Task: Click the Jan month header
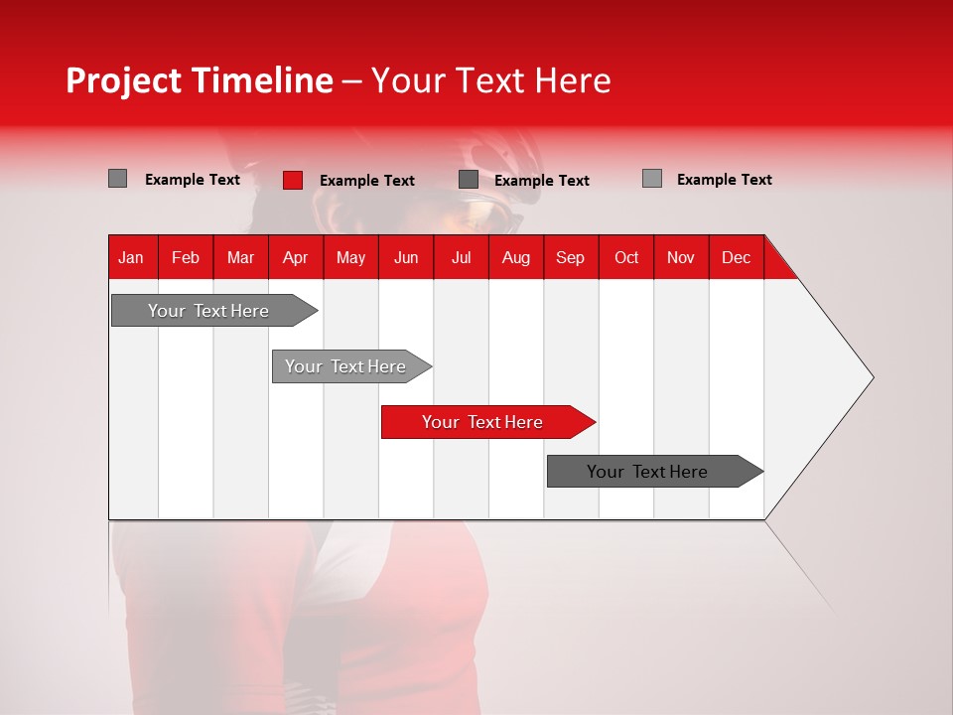131,257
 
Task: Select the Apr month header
295,257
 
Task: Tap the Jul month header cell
461,257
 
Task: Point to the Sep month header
570,257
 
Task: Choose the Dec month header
736,257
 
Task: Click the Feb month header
186,257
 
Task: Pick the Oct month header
626,257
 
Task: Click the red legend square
292,180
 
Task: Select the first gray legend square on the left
117,179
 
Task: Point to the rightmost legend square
651,179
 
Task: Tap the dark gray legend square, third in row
469,180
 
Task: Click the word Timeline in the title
260,80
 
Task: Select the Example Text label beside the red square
366,181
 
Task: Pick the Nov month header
681,257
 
